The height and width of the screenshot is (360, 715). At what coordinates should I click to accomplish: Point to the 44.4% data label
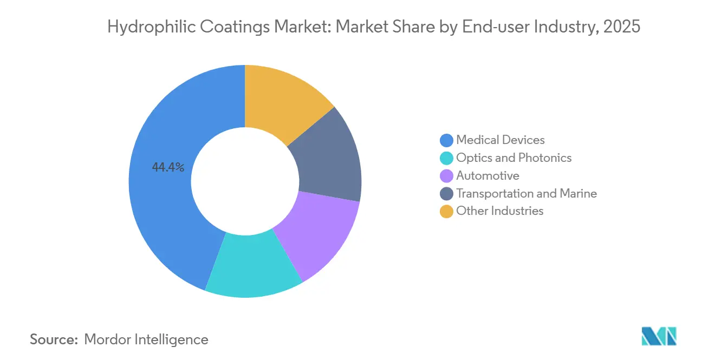tap(168, 168)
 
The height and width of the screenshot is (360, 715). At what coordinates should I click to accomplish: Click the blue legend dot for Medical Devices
tap(446, 140)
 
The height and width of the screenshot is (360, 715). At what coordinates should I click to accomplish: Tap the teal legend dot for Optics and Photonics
tap(446, 158)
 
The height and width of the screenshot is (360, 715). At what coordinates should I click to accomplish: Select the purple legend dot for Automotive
tap(446, 176)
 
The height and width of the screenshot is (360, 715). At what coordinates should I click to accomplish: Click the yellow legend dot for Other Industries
tap(446, 211)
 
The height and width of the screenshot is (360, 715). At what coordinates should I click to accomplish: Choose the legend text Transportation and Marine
tap(526, 193)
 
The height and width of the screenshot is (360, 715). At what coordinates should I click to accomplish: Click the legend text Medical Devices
tap(500, 140)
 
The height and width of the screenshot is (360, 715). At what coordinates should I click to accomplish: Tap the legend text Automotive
tap(487, 176)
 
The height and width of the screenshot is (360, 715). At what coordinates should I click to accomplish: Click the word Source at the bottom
tap(54, 339)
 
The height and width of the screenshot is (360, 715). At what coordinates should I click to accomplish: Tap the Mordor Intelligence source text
tap(146, 339)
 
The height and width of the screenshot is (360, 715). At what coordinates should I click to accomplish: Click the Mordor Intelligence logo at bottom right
tap(659, 336)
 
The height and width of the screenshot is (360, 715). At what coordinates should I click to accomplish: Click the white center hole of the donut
tap(245, 181)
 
